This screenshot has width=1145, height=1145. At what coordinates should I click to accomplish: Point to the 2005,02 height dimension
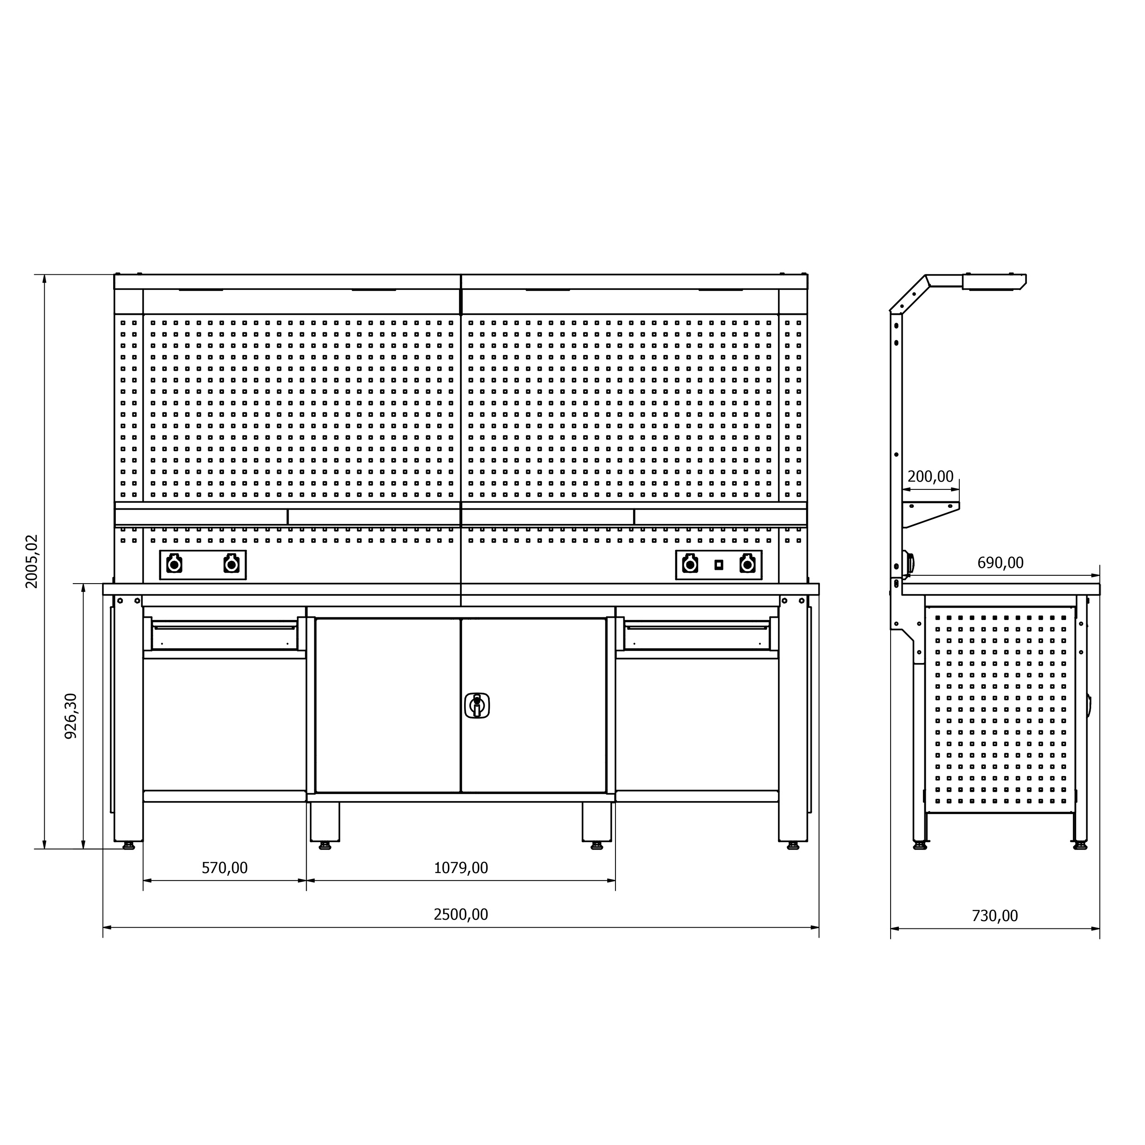coord(31,561)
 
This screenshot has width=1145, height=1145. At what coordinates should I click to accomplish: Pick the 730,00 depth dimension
coord(994,916)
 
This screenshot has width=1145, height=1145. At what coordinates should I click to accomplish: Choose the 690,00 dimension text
coord(1000,562)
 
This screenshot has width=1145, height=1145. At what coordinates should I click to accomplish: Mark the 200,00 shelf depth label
coord(930,476)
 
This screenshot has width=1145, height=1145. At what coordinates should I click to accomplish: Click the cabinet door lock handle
coord(477,705)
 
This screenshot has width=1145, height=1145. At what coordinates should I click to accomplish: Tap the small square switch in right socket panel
coord(718,565)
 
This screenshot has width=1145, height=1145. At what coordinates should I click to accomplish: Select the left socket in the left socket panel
coord(174,564)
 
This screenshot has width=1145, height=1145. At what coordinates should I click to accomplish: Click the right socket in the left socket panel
coord(231,564)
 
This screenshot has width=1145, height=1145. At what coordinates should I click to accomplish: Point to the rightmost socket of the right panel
coord(747,564)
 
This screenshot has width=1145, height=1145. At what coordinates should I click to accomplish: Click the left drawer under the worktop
coord(225,635)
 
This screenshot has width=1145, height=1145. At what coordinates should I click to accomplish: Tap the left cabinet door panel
coord(388,705)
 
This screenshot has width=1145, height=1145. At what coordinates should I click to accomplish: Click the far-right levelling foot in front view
coord(793,846)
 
